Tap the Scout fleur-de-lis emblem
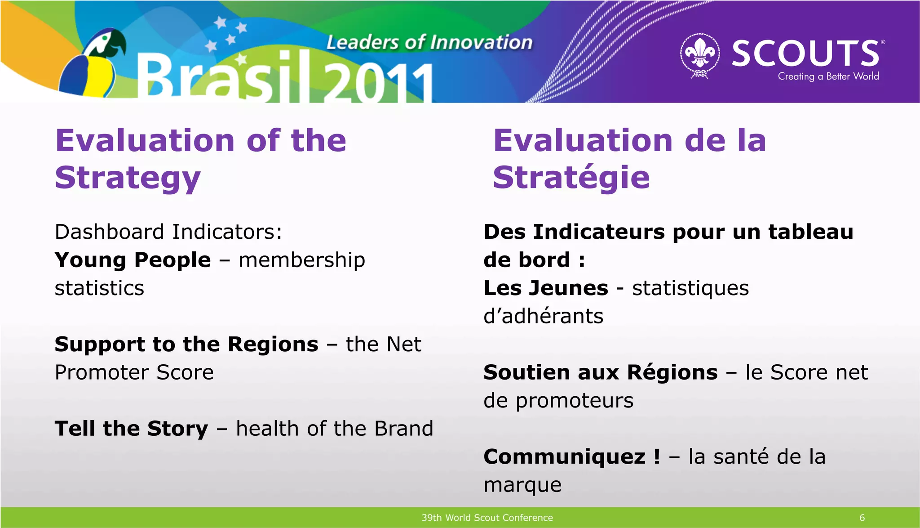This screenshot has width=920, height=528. (x=699, y=54)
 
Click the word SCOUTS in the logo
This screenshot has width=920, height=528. (x=805, y=53)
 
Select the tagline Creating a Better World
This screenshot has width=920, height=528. (x=828, y=76)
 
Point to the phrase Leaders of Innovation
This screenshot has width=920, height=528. (x=429, y=43)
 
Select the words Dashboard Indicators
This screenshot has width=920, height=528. (x=168, y=232)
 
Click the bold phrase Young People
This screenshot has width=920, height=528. (x=133, y=260)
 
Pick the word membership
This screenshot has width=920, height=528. (x=301, y=260)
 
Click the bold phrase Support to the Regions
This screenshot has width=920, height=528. (x=186, y=345)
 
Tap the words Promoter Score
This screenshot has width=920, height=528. (x=134, y=372)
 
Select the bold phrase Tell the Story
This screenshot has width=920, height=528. (x=131, y=429)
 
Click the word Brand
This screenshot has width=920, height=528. (x=403, y=429)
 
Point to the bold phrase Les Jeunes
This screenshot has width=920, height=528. (x=546, y=288)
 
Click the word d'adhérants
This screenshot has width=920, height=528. (x=543, y=316)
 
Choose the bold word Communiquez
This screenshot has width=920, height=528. (x=564, y=457)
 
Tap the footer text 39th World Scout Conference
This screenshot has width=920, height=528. (x=487, y=518)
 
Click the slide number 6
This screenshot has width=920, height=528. (x=862, y=518)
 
